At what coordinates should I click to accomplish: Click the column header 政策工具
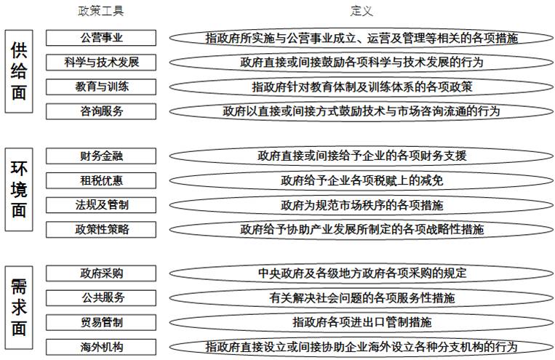tap(101, 11)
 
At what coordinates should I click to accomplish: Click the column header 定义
tap(362, 11)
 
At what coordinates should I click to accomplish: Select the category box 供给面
tap(19, 71)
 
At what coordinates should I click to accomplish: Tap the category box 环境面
tap(19, 189)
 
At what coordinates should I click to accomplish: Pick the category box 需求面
tap(19, 308)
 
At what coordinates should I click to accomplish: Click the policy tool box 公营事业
tap(101, 38)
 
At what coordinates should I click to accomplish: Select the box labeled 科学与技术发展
tap(101, 63)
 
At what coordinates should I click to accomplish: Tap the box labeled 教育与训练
tap(101, 87)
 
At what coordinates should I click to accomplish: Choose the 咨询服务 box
tap(101, 111)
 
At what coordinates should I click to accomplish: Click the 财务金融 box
tap(101, 156)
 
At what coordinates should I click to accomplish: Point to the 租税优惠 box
tap(101, 180)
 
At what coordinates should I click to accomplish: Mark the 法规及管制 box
tap(101, 205)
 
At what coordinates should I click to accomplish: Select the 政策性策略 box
tap(101, 229)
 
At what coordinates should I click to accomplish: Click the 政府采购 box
tap(101, 273)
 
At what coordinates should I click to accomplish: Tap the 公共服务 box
tap(101, 298)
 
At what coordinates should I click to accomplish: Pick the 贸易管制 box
tap(101, 322)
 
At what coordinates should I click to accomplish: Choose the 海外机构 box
tap(101, 347)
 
